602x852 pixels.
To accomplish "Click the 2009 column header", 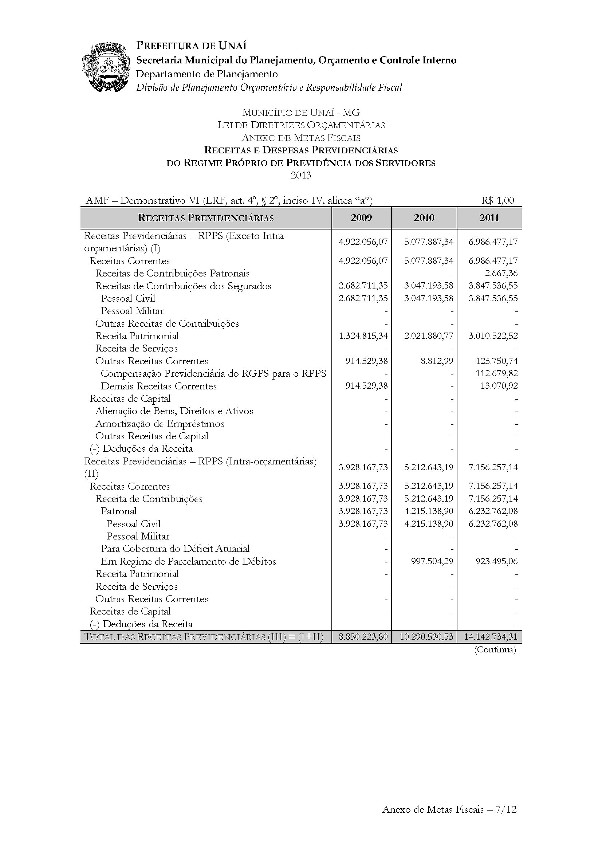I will coord(361,218).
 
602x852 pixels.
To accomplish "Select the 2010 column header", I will coord(424,218).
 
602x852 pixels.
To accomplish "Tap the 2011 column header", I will coord(489,218).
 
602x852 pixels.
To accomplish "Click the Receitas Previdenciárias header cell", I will coord(206,218).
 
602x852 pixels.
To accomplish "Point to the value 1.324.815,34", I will coord(363,336).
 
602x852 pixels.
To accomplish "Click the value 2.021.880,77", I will coord(428,336).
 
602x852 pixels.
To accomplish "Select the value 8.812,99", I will coord(437,361).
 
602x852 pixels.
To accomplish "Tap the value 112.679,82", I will coord(497,373).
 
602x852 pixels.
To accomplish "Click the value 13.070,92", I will coord(499,386).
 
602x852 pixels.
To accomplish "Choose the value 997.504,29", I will coord(432,561).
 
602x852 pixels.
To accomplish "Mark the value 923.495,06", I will coord(497,561).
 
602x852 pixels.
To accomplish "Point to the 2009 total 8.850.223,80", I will coord(363,637).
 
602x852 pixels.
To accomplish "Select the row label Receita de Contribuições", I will coord(149,499).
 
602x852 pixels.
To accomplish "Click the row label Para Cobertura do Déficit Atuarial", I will coord(175,549).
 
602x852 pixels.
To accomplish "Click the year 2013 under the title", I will coord(301,175).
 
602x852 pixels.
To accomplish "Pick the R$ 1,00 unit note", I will coord(498,200).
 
